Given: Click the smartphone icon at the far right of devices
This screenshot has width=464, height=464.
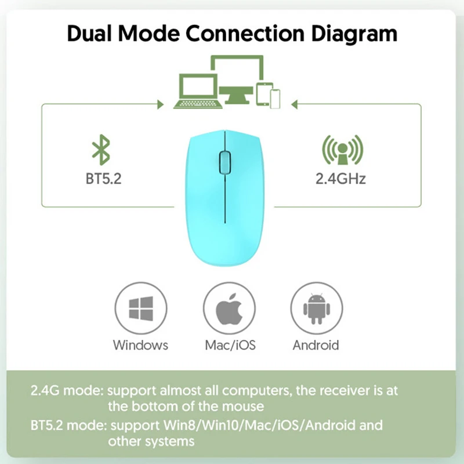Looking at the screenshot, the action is pos(275,98).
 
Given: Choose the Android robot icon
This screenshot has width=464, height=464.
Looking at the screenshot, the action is pos(316,310).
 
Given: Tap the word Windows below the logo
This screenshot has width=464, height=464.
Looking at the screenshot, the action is pos(140,345).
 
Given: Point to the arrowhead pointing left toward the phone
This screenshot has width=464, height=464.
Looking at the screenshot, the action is pos(293,104).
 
